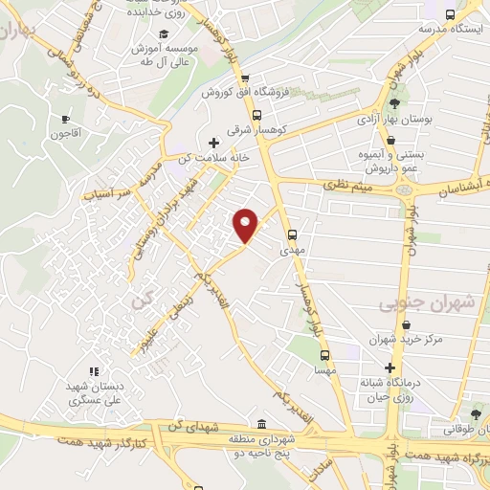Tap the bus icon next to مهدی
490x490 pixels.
[x=293, y=234]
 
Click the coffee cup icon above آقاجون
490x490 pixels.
[x=66, y=120]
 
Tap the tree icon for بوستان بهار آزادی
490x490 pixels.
[x=395, y=104]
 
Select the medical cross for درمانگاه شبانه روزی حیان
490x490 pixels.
[x=389, y=367]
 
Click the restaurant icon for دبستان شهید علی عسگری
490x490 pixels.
[x=93, y=371]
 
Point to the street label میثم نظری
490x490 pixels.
[x=348, y=186]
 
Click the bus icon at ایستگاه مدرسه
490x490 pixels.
[x=450, y=14]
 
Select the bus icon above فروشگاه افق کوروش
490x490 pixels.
[x=245, y=80]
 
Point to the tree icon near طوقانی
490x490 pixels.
[x=476, y=414]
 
